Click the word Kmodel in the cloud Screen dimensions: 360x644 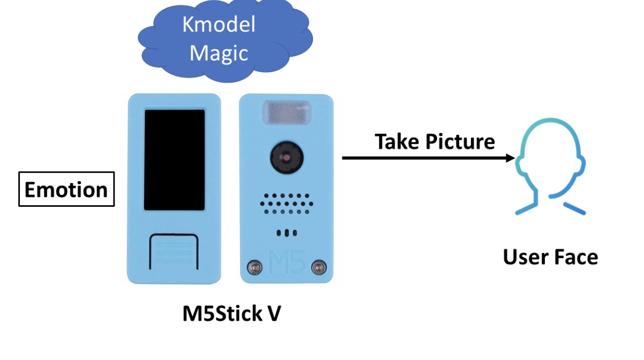pyautogui.click(x=219, y=25)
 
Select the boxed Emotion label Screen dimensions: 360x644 pyautogui.click(x=66, y=189)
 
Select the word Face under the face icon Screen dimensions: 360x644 pyautogui.click(x=575, y=257)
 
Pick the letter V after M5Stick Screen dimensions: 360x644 pyautogui.click(x=273, y=314)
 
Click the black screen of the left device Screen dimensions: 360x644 pyautogui.click(x=175, y=160)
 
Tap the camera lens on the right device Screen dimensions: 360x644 pyautogui.click(x=286, y=156)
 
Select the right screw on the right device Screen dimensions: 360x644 pyautogui.click(x=320, y=266)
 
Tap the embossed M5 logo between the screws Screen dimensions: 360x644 pyautogui.click(x=287, y=262)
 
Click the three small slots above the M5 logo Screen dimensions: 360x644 pyautogui.click(x=287, y=233)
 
